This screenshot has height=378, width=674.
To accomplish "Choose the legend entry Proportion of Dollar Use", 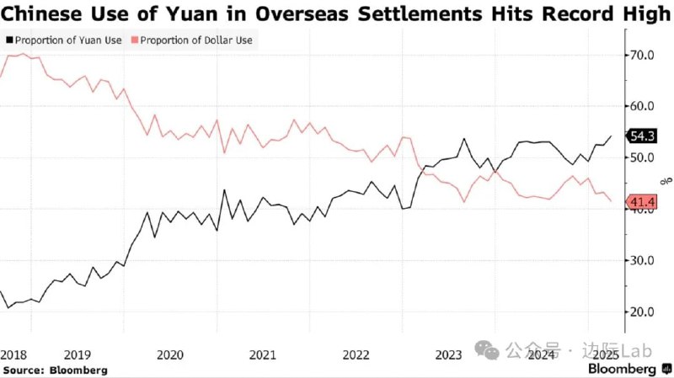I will click(x=197, y=40).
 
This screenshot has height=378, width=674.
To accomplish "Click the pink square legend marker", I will click(x=135, y=40).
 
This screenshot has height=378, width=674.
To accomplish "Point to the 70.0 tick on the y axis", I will click(x=642, y=55).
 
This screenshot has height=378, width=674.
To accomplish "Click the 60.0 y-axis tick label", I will click(x=642, y=106).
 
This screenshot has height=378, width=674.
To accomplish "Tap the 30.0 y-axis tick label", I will click(x=642, y=260).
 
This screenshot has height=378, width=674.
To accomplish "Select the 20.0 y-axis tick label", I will click(x=642, y=311).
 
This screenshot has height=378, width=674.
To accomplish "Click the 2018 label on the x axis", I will click(x=13, y=355).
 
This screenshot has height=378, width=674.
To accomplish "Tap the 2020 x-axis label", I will click(x=170, y=355).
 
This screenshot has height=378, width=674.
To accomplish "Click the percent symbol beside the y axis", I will click(x=665, y=179).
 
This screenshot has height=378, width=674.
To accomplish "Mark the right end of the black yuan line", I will click(x=612, y=136).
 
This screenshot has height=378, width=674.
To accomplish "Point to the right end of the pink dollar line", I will click(x=612, y=201).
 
